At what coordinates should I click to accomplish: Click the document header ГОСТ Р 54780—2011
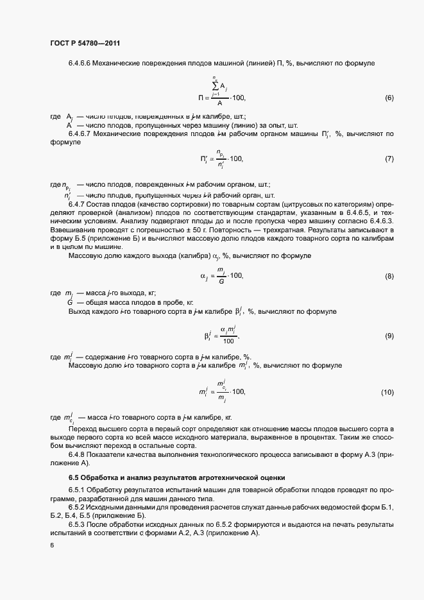85,43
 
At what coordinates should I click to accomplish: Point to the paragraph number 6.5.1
80,491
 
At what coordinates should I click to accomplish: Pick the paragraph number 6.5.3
80,524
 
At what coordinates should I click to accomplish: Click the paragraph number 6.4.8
80,454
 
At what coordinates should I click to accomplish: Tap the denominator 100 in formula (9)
221,341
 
